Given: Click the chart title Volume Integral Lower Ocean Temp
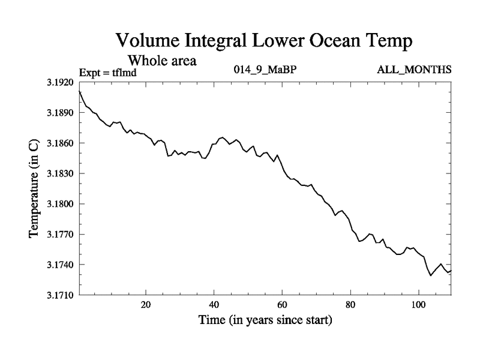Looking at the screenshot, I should (x=265, y=41).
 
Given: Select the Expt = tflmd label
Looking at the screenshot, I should (x=109, y=73).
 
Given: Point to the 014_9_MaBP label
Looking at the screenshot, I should (x=265, y=70).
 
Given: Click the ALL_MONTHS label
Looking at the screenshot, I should (x=414, y=70).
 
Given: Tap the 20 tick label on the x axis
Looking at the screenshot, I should (x=146, y=305).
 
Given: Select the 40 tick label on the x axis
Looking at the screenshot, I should (x=214, y=305).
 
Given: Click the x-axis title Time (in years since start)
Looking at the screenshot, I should (x=265, y=321).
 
